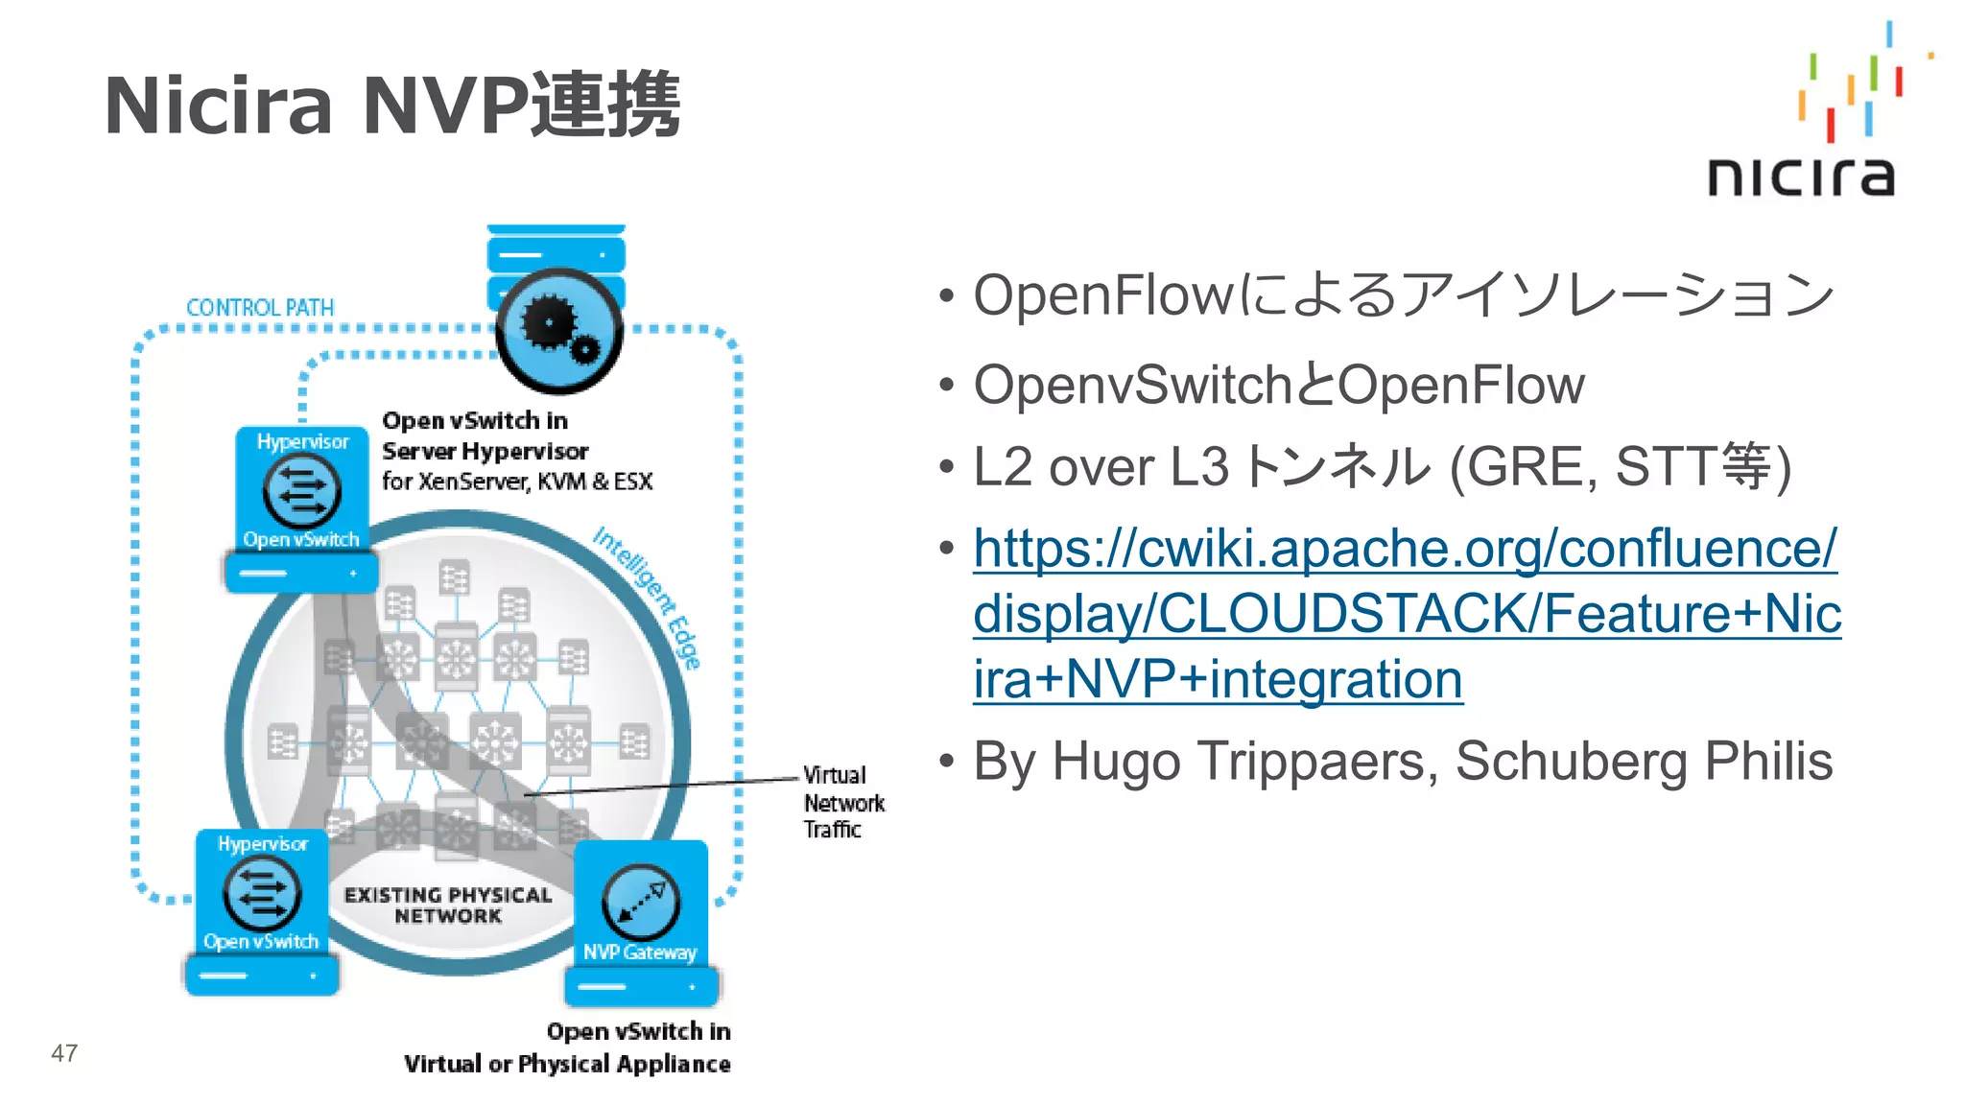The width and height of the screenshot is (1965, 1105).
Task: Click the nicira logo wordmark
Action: pos(1801,177)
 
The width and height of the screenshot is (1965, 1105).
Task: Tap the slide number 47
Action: pos(64,1053)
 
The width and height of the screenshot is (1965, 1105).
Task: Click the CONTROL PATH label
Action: pos(260,308)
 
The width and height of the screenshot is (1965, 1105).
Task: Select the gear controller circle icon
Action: pos(558,331)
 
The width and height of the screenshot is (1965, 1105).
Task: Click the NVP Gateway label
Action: pos(640,952)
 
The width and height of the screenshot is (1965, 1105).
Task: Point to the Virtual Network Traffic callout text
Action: pos(842,803)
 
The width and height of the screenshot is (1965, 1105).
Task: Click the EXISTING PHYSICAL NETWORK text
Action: pos(448,905)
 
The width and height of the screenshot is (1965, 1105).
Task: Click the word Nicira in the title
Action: pos(218,106)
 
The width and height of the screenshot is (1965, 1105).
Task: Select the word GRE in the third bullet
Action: pos(1526,467)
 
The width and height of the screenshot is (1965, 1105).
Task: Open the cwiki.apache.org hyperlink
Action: pos(1406,613)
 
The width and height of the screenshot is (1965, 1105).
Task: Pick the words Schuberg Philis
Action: pos(1644,762)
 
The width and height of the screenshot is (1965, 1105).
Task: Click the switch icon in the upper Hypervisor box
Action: pos(301,489)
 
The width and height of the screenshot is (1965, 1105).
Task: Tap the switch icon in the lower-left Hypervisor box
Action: pos(261,892)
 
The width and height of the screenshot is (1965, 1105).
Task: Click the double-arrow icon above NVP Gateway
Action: pos(641,902)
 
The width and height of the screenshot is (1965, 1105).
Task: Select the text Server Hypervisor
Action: pos(485,451)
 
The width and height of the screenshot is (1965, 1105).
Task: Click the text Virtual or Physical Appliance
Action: pos(567,1064)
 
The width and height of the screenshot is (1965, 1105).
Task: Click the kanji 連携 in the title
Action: pos(606,106)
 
